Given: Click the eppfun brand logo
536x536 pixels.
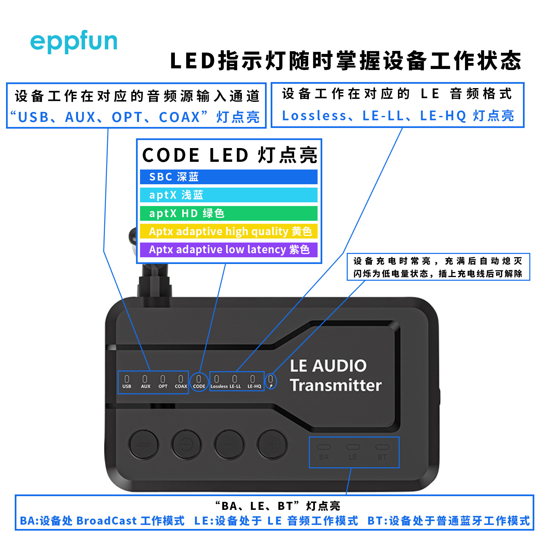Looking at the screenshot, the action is [x=74, y=42].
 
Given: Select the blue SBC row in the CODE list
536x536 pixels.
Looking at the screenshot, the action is [x=228, y=177].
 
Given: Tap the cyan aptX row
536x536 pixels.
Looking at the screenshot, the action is [x=228, y=195].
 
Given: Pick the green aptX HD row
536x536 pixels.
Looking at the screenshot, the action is [x=228, y=213].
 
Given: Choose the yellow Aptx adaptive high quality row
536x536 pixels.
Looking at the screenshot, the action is [x=228, y=231].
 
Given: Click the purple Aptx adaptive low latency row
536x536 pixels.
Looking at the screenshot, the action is [x=228, y=250].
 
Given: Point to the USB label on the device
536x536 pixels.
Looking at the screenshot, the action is [x=127, y=386].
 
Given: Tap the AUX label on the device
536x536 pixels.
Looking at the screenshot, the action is [x=145, y=386].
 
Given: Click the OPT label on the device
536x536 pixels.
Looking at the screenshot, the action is [x=163, y=386].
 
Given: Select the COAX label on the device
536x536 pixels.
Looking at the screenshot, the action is [x=181, y=386].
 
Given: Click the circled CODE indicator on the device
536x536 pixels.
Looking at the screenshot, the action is [x=199, y=382].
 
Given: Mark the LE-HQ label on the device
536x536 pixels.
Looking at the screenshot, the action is [x=254, y=386].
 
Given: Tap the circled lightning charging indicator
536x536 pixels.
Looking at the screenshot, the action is [x=271, y=382].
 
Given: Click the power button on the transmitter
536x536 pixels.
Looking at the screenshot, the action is [x=186, y=445].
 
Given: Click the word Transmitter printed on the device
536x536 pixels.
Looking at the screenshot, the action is [x=336, y=385].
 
